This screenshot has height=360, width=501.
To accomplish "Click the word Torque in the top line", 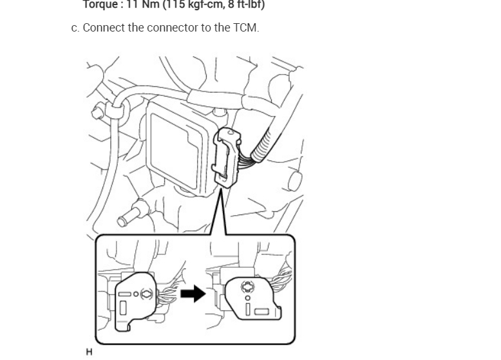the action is [x=99, y=5].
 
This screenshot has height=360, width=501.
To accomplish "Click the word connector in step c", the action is [x=173, y=28].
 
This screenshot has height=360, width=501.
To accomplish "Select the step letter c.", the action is [x=75, y=28].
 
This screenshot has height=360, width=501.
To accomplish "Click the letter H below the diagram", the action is [x=89, y=352].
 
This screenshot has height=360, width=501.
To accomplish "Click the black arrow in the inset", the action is [x=193, y=294].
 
